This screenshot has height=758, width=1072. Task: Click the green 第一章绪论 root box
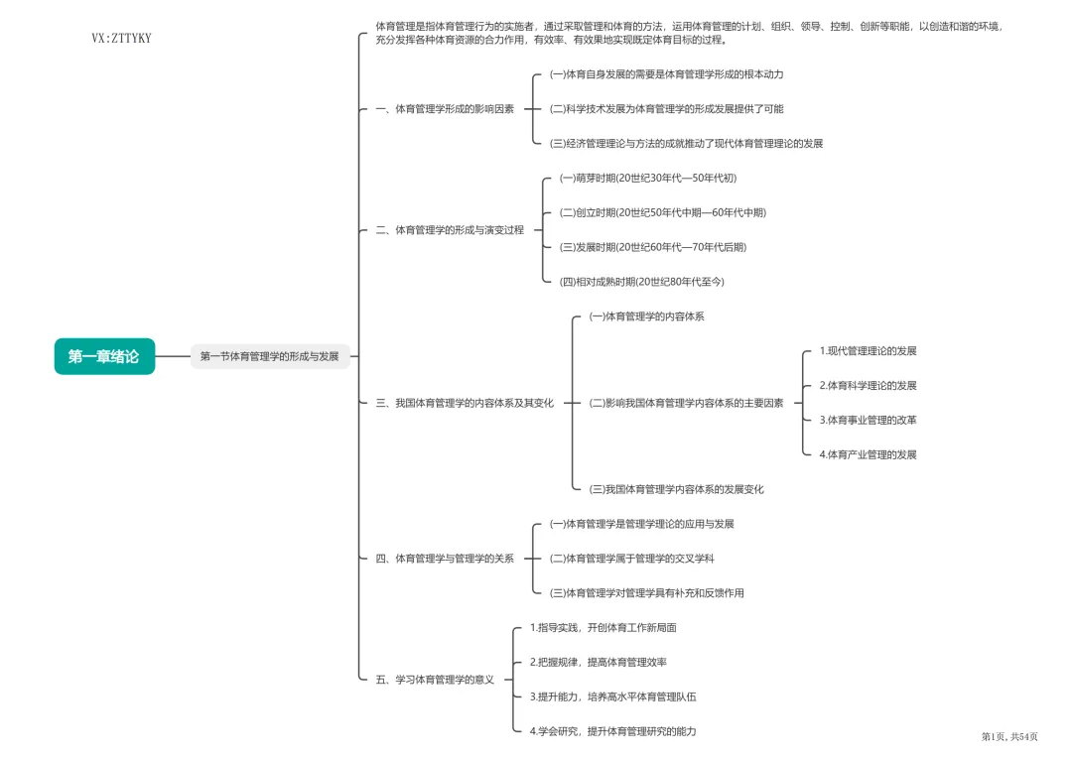coord(104,356)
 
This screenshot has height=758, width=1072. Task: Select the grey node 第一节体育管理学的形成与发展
coord(270,356)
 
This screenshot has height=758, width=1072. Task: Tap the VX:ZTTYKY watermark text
coord(121,39)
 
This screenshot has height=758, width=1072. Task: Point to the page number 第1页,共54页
coord(1009,736)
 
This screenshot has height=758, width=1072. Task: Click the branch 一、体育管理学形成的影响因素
coord(445,109)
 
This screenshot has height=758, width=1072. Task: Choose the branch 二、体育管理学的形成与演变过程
coord(450,230)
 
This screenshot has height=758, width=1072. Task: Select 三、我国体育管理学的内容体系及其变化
coord(465,403)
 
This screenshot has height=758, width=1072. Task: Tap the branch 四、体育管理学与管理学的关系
coord(445,559)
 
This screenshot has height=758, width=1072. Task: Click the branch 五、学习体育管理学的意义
coord(435,680)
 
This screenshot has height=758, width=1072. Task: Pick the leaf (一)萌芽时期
coord(648,178)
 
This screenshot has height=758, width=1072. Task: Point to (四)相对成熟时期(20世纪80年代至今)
coord(642,282)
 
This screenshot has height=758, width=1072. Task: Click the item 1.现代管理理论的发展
coord(868,351)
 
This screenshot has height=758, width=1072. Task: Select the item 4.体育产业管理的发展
coord(868,454)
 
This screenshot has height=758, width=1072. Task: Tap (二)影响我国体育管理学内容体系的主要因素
coord(687,403)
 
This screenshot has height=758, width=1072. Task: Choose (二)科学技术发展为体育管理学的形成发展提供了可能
coord(667,109)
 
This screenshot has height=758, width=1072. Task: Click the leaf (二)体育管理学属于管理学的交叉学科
coord(632,559)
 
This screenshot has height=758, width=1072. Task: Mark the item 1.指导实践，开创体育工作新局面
coord(603,627)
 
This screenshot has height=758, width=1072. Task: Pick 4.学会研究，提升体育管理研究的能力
coord(613,731)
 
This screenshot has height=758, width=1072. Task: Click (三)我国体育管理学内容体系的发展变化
coord(677,489)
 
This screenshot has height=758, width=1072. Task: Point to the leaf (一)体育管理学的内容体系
coord(647,316)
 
